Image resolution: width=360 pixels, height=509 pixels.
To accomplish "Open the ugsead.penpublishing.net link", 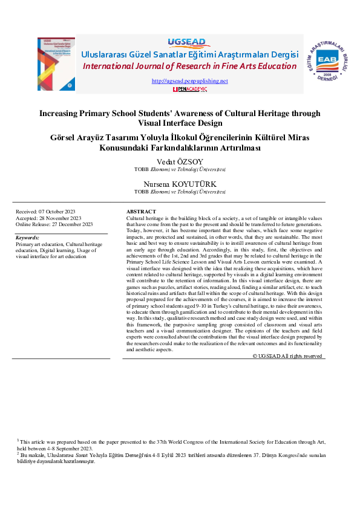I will pyautogui.click(x=189, y=81).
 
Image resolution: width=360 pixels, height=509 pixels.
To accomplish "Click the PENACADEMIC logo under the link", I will pyautogui.click(x=190, y=89).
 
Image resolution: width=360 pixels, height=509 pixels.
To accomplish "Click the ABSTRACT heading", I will pyautogui.click(x=140, y=212).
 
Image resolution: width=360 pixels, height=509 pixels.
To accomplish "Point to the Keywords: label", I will pyautogui.click(x=27, y=238).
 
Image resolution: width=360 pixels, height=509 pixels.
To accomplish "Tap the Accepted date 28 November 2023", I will pyautogui.click(x=48, y=218).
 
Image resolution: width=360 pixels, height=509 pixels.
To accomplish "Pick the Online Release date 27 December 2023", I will pyautogui.click(x=54, y=224).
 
